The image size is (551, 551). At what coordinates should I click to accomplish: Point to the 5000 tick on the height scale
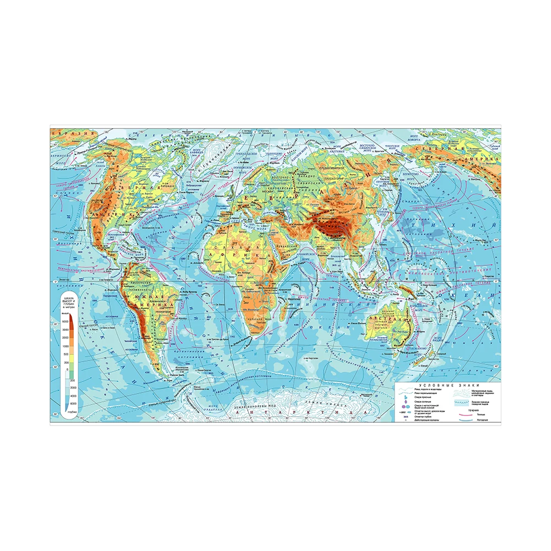click(x=66, y=321)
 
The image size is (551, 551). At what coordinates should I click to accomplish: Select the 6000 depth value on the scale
click(x=66, y=403)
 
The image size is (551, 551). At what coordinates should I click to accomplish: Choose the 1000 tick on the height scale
click(x=66, y=346)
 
